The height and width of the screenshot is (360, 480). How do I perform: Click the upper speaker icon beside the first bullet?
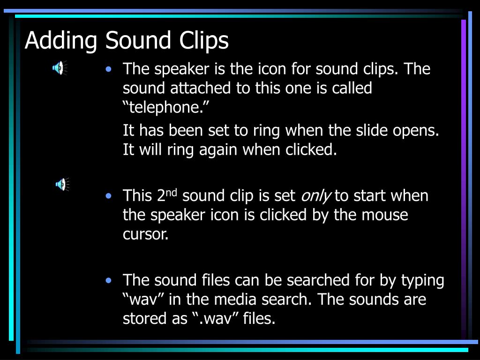59,68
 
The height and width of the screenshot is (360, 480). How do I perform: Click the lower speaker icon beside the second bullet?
61,184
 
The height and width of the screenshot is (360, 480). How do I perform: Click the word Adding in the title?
60,41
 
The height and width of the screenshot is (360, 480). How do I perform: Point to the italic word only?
315,195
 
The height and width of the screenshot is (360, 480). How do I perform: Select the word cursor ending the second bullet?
145,234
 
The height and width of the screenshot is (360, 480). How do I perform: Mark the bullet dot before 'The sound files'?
109,281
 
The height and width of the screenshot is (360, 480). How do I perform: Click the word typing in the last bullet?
422,280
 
